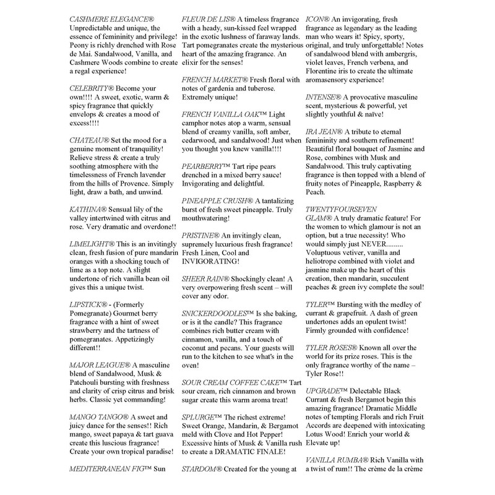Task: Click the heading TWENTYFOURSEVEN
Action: [350, 210]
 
